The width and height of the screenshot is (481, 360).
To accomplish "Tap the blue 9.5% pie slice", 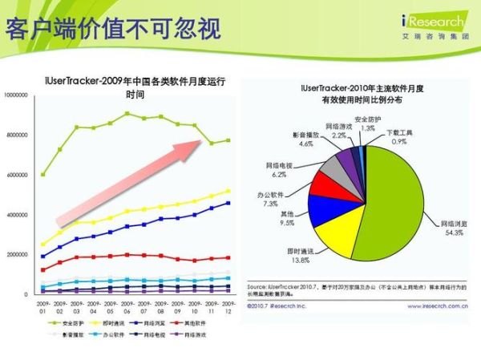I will [327, 210].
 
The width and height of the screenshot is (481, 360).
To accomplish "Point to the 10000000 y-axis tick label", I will [17, 95].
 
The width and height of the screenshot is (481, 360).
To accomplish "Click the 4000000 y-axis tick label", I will [18, 215].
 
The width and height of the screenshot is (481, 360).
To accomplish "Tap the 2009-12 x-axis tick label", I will [228, 307].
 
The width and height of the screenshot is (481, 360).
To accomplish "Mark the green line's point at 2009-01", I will [42, 174].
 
